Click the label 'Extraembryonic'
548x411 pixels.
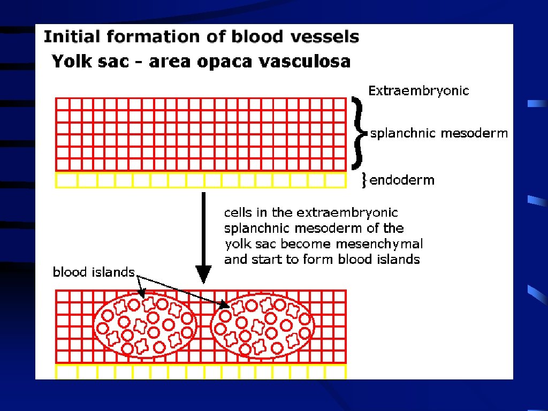(418, 90)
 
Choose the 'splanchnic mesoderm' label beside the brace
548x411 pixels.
(439, 133)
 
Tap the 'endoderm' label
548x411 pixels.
(402, 180)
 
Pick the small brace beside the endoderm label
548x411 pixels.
(364, 180)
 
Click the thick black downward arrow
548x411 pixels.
(203, 238)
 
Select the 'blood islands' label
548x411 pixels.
(94, 272)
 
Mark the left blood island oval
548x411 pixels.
(145, 325)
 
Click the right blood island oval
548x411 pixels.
(263, 325)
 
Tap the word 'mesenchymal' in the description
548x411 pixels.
(391, 244)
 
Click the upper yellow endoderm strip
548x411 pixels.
(201, 180)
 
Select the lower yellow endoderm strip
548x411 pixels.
(201, 371)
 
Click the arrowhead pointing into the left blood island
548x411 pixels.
(142, 293)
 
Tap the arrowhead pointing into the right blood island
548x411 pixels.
(225, 306)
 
